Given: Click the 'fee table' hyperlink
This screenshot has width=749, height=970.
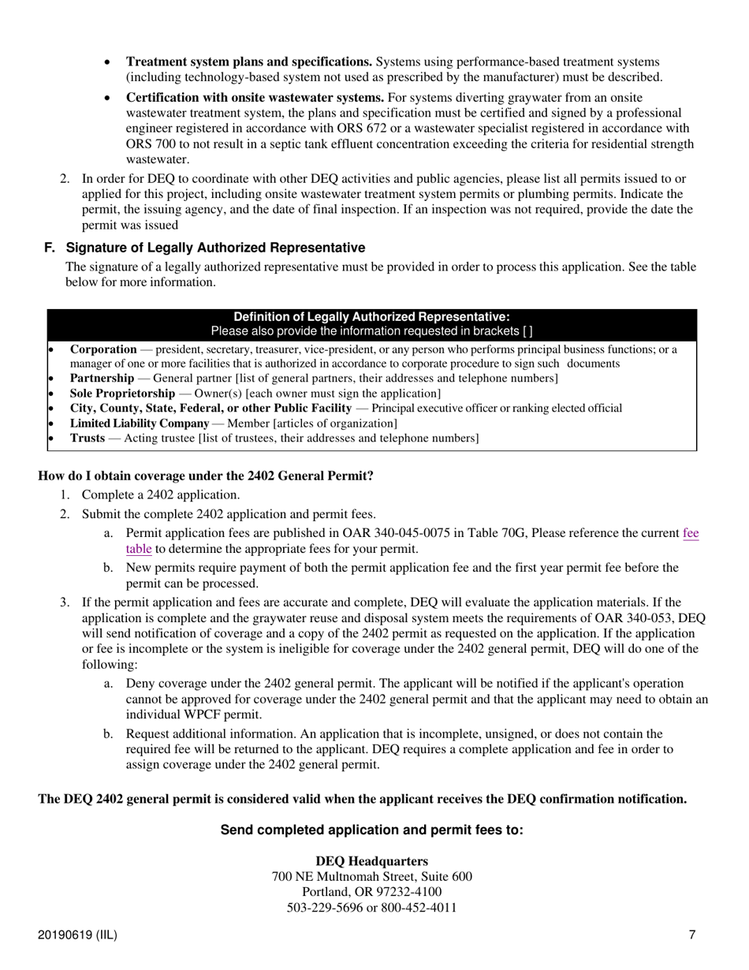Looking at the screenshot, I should [x=690, y=534].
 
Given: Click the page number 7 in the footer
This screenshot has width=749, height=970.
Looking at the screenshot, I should [x=691, y=935].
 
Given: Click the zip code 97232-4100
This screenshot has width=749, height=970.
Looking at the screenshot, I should [x=400, y=892].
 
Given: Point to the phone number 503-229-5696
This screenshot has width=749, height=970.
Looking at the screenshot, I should [x=321, y=907].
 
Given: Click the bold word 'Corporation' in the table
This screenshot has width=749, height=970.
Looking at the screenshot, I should [x=103, y=349].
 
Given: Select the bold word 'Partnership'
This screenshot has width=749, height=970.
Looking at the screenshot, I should [x=102, y=379].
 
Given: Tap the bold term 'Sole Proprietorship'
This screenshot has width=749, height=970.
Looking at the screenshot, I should [x=122, y=394].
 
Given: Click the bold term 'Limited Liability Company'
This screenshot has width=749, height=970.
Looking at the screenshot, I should [x=139, y=423].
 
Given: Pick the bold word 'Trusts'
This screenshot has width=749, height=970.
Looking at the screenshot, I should [x=87, y=438].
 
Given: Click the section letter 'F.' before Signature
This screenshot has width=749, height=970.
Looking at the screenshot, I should [x=50, y=248].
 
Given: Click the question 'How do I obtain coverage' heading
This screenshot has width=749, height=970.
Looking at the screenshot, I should [x=205, y=476].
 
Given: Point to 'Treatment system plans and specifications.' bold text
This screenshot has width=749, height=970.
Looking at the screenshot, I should [x=249, y=62].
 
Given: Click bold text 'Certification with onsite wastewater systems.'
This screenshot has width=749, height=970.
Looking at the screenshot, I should [x=255, y=98].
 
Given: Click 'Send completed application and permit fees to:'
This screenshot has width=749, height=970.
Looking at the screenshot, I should [x=371, y=830].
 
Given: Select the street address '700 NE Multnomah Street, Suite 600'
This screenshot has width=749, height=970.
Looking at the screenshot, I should [x=371, y=877].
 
